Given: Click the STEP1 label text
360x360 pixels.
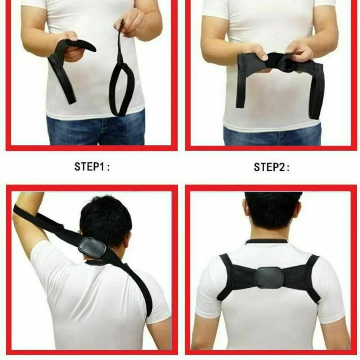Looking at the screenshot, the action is (x=92, y=166).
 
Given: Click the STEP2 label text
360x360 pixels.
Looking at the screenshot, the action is (x=271, y=167).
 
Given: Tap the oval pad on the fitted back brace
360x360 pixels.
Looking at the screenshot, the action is (x=269, y=278).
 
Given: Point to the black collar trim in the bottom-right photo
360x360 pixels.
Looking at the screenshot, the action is (x=267, y=241).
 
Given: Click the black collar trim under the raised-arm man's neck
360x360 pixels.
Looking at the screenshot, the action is (x=94, y=262).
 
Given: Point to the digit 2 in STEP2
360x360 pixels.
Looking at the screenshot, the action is (x=281, y=167).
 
